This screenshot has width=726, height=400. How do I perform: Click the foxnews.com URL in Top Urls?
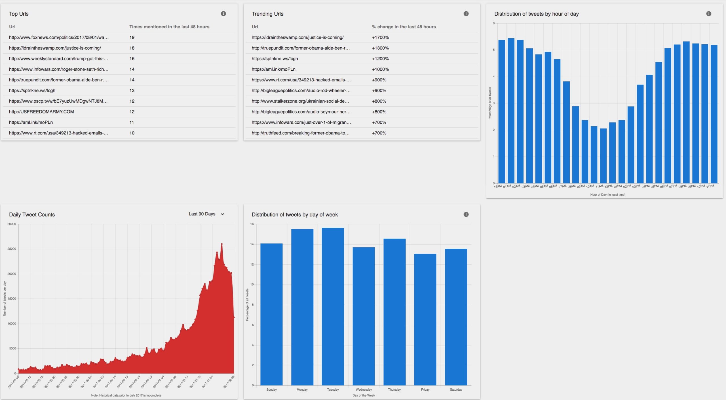pos(59,37)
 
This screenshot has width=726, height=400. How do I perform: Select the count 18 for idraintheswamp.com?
pos(132,48)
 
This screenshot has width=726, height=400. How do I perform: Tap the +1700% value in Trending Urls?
pos(380,37)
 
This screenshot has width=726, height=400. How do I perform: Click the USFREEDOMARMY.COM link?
pos(41,112)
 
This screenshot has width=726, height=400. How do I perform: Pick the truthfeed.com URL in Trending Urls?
pos(300,133)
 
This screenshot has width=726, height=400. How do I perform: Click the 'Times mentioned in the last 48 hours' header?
pos(169,27)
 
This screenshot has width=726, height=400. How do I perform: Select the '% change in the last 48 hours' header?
pos(404,27)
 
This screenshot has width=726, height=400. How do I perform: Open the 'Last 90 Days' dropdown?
pos(206,214)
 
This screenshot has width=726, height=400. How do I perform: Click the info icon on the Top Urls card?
pos(223,14)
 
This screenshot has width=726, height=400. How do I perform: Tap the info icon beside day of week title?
pos(466,214)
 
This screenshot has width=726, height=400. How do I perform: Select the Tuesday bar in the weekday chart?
pos(333,306)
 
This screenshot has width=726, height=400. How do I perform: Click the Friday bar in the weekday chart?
pos(425,319)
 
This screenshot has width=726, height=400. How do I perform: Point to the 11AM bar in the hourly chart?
pos(603,156)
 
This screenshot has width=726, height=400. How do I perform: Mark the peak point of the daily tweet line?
pos(222,244)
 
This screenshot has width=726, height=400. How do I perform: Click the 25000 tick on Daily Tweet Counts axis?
pos(12,249)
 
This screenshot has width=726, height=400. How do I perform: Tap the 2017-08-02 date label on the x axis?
pos(229,382)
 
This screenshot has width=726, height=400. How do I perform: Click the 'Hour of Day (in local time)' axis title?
pos(608,195)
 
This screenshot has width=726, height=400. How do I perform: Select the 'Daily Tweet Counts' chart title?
pos(32,214)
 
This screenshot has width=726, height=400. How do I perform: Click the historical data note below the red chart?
pos(126,395)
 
